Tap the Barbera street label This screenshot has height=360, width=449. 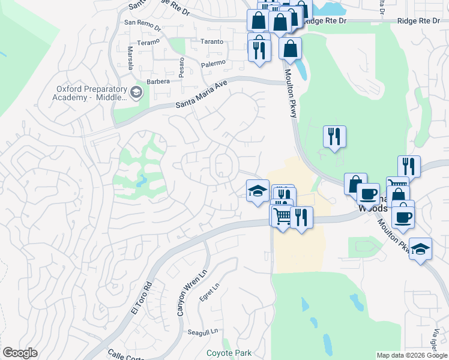point(158,82)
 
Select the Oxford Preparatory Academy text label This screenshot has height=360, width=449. point(89,93)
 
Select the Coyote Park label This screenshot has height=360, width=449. point(229,353)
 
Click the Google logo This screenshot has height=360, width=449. point(20,353)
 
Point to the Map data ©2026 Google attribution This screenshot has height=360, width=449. point(412,355)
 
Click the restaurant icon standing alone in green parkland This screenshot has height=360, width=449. point(334,137)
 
